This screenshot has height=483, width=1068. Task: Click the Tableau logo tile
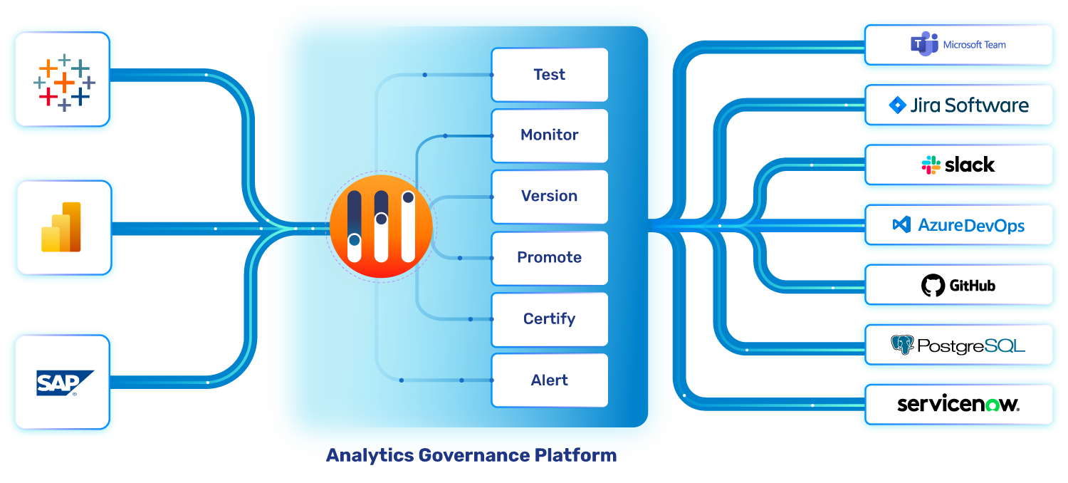pyautogui.click(x=63, y=79)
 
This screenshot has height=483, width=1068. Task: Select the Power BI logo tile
pyautogui.click(x=64, y=227)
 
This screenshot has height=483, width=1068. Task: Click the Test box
pyautogui.click(x=549, y=75)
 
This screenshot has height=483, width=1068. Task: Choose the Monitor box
pyautogui.click(x=549, y=135)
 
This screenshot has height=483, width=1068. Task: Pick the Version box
pyautogui.click(x=549, y=197)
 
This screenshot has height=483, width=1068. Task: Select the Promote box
pyautogui.click(x=549, y=258)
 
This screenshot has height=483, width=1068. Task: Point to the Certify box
pyautogui.click(x=549, y=319)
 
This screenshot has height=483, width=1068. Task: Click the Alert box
pyautogui.click(x=549, y=380)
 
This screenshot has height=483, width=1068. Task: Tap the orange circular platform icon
pyautogui.click(x=381, y=228)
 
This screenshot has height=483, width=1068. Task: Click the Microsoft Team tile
pyautogui.click(x=958, y=45)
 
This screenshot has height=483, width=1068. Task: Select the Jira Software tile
pyautogui.click(x=958, y=105)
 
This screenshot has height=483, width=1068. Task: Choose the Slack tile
pyautogui.click(x=958, y=165)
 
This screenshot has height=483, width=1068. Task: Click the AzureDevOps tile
pyautogui.click(x=958, y=226)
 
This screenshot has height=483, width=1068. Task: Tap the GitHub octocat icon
pyautogui.click(x=933, y=286)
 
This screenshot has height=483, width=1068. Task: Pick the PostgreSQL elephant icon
pyautogui.click(x=902, y=346)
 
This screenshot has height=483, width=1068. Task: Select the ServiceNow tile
pyautogui.click(x=958, y=405)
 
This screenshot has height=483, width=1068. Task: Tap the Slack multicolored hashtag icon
pyautogui.click(x=931, y=165)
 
